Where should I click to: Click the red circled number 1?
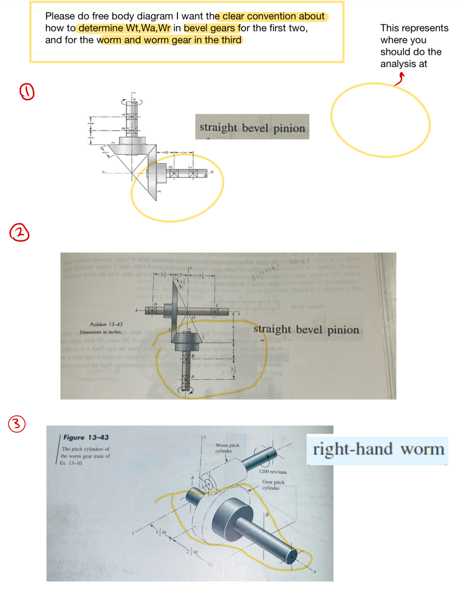point(27,92)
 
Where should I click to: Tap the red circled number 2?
point(20,233)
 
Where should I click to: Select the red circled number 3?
point(17,424)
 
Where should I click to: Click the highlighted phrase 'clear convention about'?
point(273,16)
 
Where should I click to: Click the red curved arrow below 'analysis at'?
point(399,79)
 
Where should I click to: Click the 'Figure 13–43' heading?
point(86,437)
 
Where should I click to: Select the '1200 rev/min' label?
point(272,472)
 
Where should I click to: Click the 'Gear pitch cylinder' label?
point(273,485)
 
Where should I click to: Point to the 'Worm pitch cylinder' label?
point(227,448)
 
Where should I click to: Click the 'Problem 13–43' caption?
point(106,324)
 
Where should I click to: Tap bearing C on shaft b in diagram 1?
point(193,174)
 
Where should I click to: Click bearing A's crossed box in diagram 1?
point(132,117)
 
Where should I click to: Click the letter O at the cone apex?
point(193,317)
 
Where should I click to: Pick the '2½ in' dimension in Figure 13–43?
point(192,551)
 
